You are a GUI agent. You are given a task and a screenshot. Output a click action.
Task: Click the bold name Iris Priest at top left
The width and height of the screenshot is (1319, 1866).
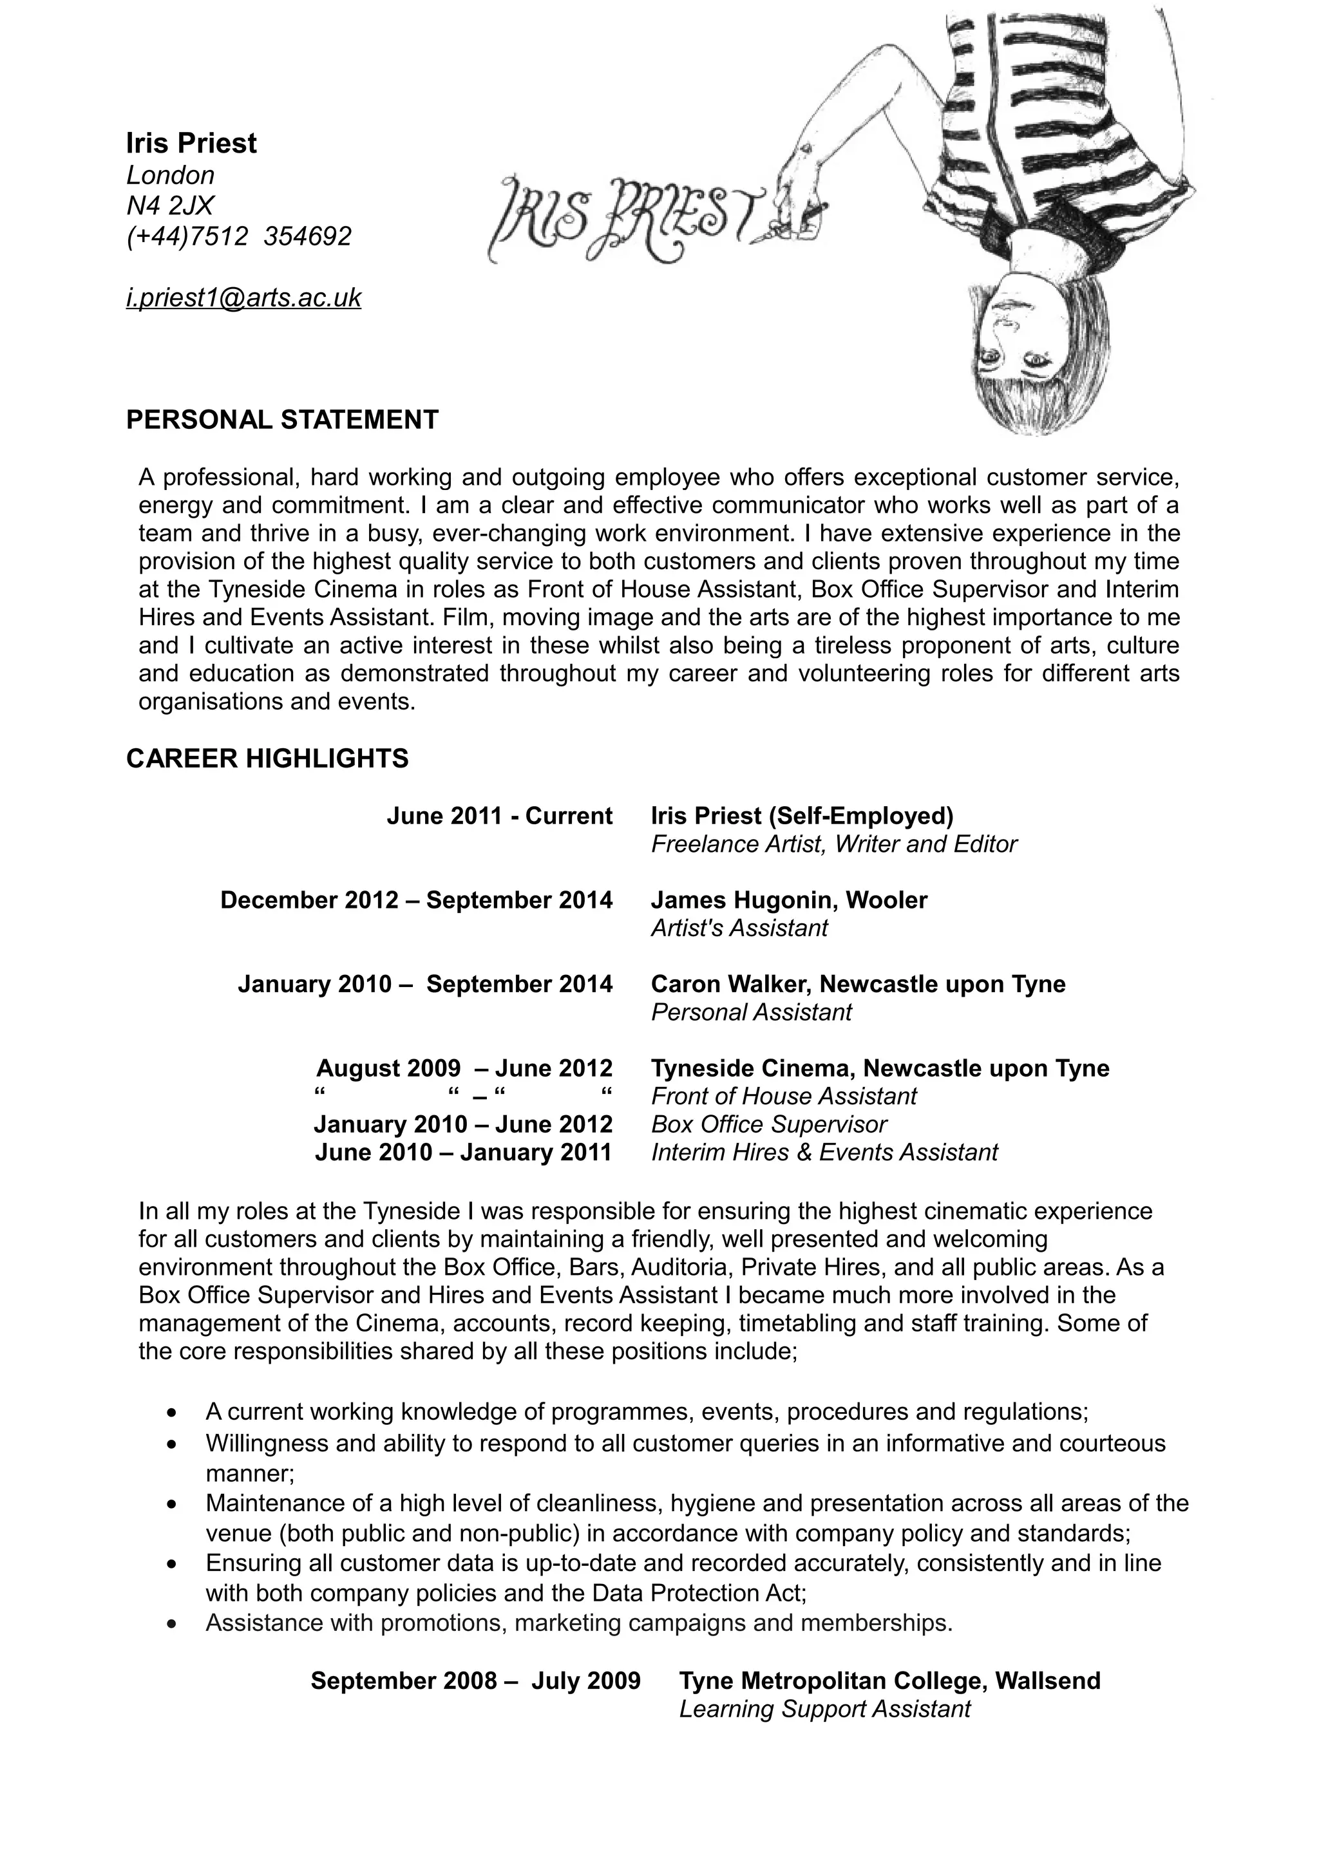coord(191,143)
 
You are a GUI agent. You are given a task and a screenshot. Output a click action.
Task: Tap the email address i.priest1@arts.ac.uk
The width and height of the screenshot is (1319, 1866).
coord(243,298)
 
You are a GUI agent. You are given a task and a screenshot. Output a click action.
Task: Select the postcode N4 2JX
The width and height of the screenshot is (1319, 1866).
coord(170,205)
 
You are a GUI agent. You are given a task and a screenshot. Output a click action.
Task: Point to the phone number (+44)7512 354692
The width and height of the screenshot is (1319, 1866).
coord(239,236)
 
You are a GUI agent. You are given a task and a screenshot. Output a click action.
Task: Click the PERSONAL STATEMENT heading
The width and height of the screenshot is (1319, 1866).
coord(282,420)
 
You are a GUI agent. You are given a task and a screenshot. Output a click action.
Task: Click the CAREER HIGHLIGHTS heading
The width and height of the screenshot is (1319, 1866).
coord(267,759)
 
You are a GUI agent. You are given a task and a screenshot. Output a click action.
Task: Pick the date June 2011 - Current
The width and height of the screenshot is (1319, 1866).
coord(499,816)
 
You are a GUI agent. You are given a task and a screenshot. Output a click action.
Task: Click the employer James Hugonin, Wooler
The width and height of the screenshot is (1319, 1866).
coord(788,901)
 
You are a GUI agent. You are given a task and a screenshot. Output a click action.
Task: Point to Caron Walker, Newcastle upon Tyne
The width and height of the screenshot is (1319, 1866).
coord(857,985)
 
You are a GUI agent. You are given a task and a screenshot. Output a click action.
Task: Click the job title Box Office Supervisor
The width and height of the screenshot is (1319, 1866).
coord(768,1125)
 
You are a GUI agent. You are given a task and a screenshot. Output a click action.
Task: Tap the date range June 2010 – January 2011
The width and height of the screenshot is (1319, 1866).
coord(462,1153)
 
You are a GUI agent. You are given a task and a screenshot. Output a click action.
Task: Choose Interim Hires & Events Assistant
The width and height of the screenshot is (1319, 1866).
coord(824,1153)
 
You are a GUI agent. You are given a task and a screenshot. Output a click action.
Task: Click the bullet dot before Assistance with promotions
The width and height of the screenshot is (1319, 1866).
coord(171,1624)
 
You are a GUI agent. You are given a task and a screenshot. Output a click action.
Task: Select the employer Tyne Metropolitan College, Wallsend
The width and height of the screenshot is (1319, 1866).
coord(889,1681)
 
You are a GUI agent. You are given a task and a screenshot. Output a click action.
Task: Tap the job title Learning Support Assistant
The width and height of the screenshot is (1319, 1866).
coord(824,1709)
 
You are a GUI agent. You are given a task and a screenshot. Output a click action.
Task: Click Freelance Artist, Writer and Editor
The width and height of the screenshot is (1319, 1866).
coord(833,844)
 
